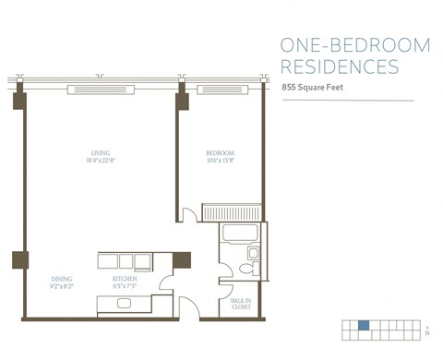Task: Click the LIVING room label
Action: (x=101, y=153)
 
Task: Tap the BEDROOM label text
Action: (x=220, y=153)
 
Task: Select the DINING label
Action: (x=63, y=279)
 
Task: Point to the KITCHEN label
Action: (x=125, y=279)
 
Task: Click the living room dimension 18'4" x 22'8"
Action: (x=101, y=161)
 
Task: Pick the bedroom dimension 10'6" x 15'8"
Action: (x=220, y=161)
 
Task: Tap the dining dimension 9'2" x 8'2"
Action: (x=63, y=285)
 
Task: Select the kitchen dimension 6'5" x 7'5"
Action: (x=125, y=285)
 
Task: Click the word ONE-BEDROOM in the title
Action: (x=341, y=46)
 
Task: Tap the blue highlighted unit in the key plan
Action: (x=364, y=325)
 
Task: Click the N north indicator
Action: (x=427, y=331)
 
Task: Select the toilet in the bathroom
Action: (x=246, y=268)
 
